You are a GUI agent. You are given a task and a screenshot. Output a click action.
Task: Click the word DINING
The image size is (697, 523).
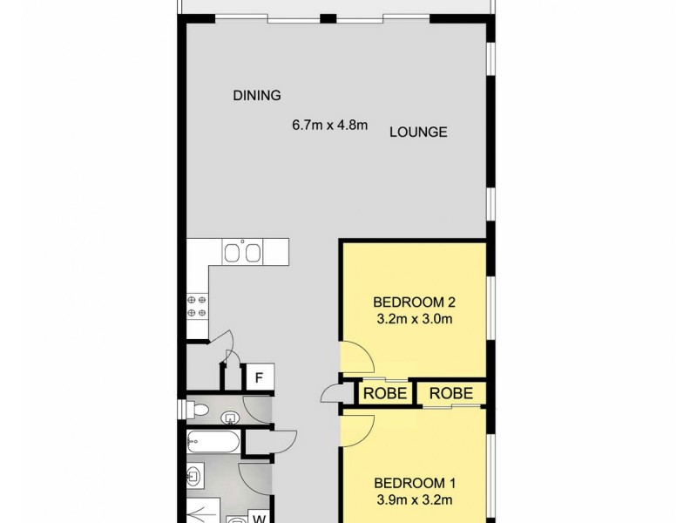[256, 95]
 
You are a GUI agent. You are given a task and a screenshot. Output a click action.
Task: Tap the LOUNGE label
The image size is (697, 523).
[418, 132]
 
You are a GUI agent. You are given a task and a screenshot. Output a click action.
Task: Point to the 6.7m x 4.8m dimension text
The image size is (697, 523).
[330, 125]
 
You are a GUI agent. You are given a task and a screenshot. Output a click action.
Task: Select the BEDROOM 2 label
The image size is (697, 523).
[415, 302]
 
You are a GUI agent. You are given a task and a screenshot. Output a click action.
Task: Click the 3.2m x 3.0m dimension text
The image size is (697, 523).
[415, 319]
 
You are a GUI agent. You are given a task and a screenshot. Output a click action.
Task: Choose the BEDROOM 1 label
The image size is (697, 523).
[415, 483]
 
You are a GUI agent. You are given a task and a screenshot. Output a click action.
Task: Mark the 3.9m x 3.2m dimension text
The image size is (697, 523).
[415, 499]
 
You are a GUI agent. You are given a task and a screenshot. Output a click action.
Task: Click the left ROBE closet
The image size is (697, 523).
[383, 392]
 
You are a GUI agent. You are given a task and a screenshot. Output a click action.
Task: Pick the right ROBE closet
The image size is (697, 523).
[450, 392]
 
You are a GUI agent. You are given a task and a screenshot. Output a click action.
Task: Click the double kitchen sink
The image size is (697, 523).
[242, 253]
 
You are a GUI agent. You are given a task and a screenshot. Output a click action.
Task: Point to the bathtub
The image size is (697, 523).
[213, 443]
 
